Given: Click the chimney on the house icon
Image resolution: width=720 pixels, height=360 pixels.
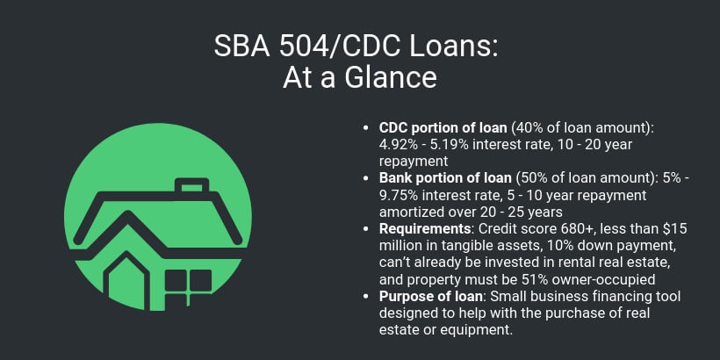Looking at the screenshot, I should point(189,189).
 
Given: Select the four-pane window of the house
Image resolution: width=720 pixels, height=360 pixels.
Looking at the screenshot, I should point(189,282).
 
